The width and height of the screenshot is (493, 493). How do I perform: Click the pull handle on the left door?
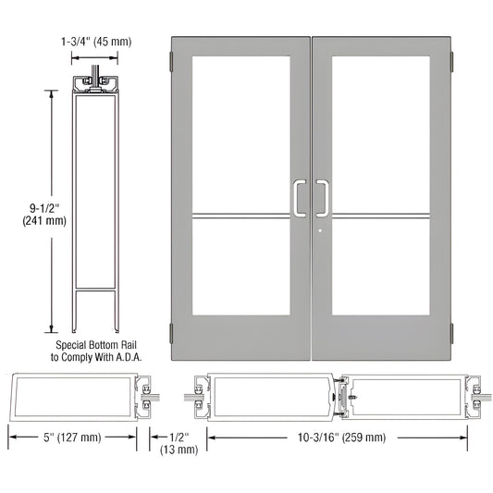[x=298, y=196]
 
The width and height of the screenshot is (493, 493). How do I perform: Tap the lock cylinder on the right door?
[x=318, y=232]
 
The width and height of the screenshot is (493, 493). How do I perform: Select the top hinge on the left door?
[x=171, y=62]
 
